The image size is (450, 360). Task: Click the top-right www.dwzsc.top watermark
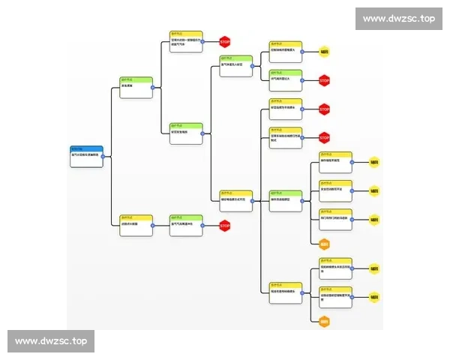[x=398, y=19]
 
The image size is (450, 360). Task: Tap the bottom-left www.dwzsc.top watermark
[x=51, y=341]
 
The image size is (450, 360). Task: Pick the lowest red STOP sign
[x=224, y=225]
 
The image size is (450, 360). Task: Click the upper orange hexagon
[x=324, y=244]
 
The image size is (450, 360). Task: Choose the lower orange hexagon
[x=324, y=322]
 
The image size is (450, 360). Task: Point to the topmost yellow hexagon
[x=324, y=52]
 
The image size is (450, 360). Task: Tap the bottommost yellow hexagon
[x=374, y=297]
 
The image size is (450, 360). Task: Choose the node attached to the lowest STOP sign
[x=186, y=225]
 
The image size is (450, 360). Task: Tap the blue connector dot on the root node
[x=103, y=157]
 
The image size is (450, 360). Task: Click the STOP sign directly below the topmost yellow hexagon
[x=324, y=80]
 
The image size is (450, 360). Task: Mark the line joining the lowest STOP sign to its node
[x=211, y=225]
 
